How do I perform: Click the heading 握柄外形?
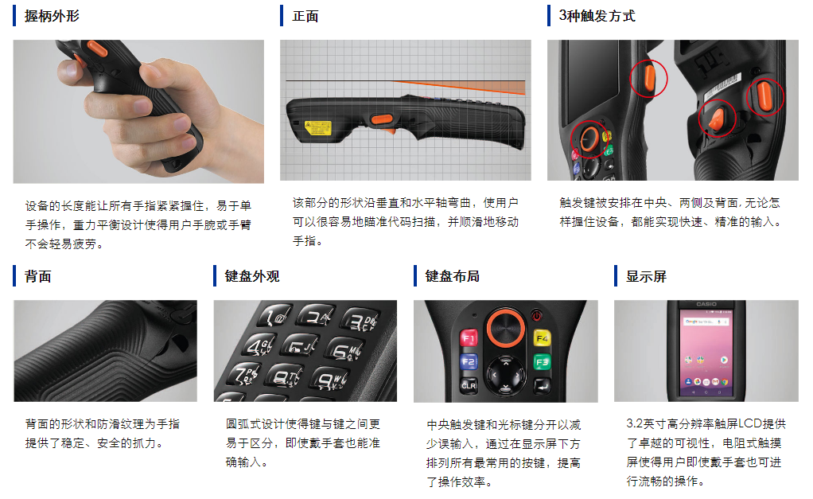point(52,16)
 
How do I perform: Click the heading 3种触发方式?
point(597,16)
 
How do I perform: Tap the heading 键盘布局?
point(452,276)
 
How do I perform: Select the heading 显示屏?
point(646,276)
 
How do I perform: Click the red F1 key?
point(469,338)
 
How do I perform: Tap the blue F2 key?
point(469,361)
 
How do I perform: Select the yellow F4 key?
point(542,338)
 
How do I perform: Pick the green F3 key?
point(542,362)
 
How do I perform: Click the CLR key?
point(469,385)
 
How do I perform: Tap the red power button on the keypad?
point(537,315)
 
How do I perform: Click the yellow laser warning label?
point(318,127)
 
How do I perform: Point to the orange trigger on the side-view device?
point(382,120)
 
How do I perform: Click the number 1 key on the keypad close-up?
point(274,315)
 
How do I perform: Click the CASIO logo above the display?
point(706,304)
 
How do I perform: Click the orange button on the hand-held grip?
point(97,49)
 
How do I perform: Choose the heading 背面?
point(38,276)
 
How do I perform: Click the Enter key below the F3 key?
point(543,385)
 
